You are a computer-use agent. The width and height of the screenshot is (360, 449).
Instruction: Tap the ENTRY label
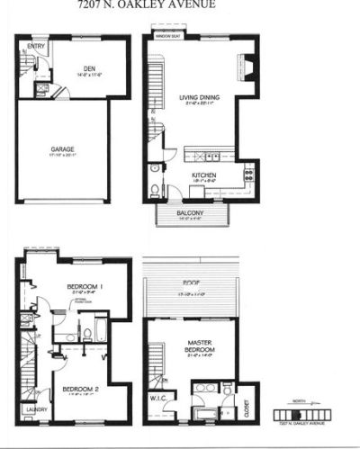[x=37, y=46]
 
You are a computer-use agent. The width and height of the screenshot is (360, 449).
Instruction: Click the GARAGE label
[x=62, y=149]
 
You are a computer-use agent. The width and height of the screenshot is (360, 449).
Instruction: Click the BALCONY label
[x=194, y=212]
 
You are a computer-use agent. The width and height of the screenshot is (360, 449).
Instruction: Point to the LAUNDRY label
[x=35, y=410]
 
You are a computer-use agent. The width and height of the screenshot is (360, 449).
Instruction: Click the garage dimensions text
[x=62, y=157]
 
